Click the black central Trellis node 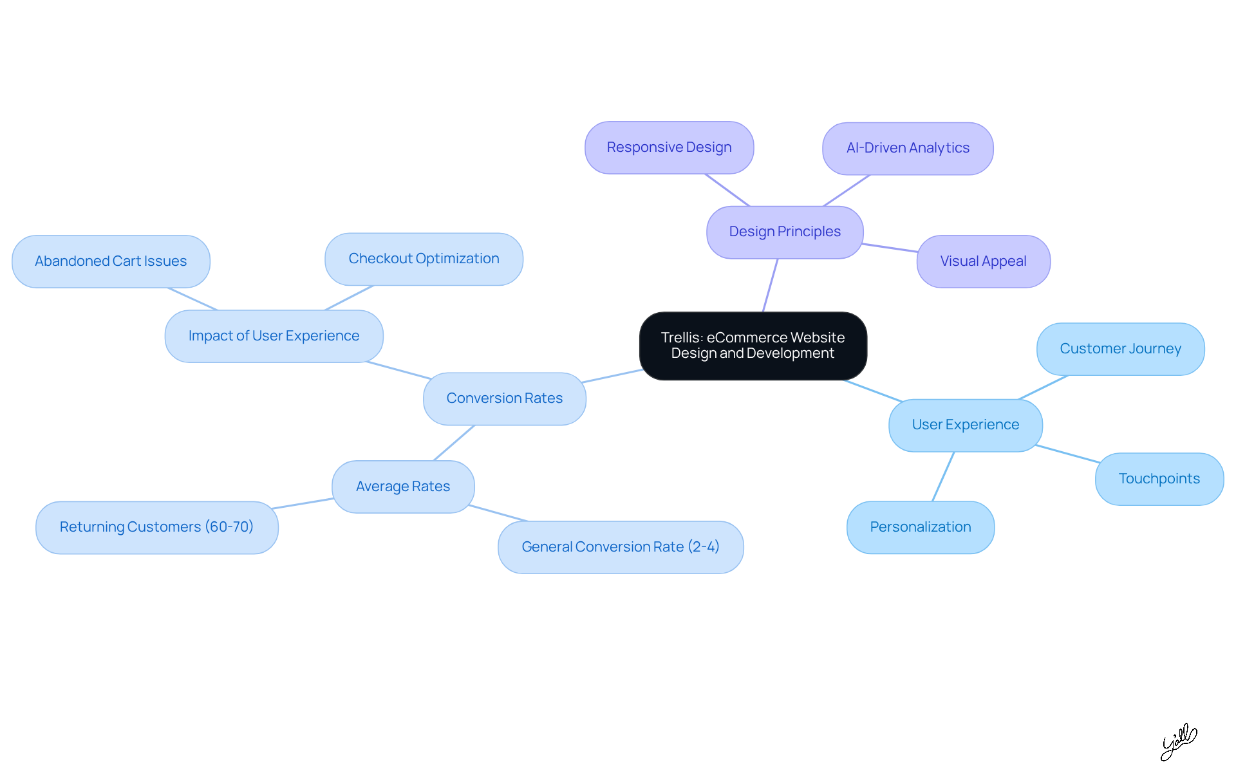tap(753, 346)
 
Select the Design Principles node tap(784, 232)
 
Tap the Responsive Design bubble tap(669, 147)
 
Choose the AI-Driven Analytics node tap(907, 148)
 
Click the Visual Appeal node tap(983, 261)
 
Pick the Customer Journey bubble tap(1120, 349)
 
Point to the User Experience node tap(965, 425)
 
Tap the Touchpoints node tap(1159, 479)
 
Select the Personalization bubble tap(920, 527)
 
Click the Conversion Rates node tap(504, 398)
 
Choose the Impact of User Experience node tap(274, 336)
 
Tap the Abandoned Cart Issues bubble tap(111, 261)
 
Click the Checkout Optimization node tap(424, 259)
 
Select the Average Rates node tap(403, 487)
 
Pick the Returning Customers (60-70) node tap(156, 527)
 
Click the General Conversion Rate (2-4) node tap(620, 547)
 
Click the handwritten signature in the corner tap(1178, 741)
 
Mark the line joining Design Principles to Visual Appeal tap(890, 248)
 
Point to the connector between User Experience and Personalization tap(943, 476)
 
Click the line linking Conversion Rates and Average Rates tap(454, 443)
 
